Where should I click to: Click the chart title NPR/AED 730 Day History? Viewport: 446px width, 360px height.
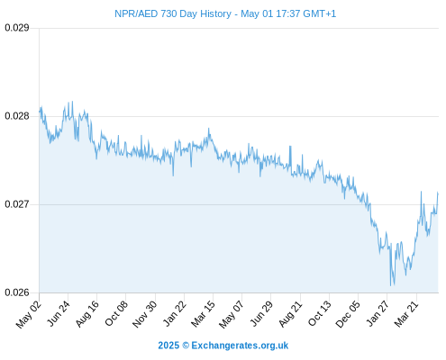[173, 13]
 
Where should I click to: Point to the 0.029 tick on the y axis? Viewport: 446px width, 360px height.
[17, 28]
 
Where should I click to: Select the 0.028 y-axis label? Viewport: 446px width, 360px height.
[17, 116]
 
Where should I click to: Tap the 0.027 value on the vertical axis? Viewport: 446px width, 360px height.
[17, 204]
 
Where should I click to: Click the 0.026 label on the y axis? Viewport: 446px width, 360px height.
[17, 292]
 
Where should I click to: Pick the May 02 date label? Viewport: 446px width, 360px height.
[29, 314]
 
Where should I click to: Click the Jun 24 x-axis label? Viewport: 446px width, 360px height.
[59, 313]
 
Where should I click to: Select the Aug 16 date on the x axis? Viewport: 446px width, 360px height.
[87, 313]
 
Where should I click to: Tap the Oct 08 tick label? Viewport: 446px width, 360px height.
[116, 313]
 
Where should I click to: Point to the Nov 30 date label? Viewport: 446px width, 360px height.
[145, 314]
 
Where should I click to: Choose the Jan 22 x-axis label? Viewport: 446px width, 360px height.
[175, 313]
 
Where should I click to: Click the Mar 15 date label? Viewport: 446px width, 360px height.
[204, 314]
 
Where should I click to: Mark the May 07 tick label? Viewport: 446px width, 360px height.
[232, 314]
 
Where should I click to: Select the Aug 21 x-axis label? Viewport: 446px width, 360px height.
[291, 313]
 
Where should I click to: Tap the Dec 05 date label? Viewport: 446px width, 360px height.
[348, 314]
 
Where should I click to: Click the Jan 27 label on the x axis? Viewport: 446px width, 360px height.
[378, 313]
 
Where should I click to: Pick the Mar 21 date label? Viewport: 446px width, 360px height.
[406, 313]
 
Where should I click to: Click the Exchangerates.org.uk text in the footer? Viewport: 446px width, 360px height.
[240, 346]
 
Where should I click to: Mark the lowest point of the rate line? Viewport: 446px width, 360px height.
[390, 285]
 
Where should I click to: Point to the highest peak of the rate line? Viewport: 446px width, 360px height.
[72, 102]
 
